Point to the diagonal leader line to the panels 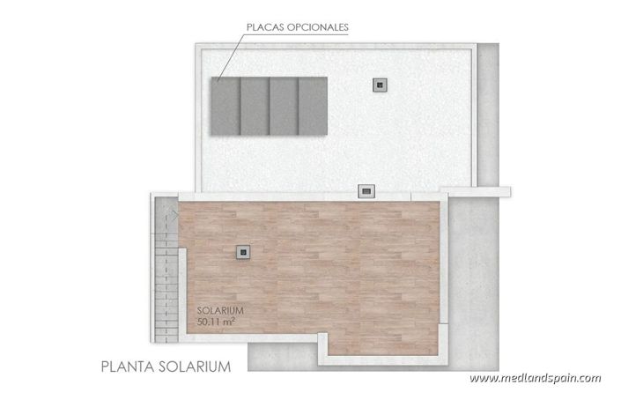228,56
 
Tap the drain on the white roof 381,85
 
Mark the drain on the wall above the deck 365,190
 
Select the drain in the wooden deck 242,253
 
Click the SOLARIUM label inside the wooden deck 220,311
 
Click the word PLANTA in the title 129,366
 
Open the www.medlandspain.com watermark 535,379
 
